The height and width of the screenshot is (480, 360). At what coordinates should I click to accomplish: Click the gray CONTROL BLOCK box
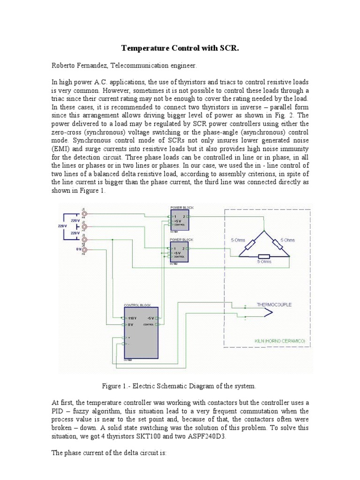tap(141, 332)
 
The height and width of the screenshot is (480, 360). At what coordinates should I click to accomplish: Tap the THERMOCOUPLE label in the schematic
tap(274, 305)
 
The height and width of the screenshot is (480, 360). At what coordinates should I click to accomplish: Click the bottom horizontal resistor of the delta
tap(263, 256)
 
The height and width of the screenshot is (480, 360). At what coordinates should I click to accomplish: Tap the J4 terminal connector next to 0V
tap(84, 249)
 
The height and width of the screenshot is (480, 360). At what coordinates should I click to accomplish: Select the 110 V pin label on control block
tap(132, 317)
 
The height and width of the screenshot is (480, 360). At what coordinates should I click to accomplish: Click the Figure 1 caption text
tap(180, 386)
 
